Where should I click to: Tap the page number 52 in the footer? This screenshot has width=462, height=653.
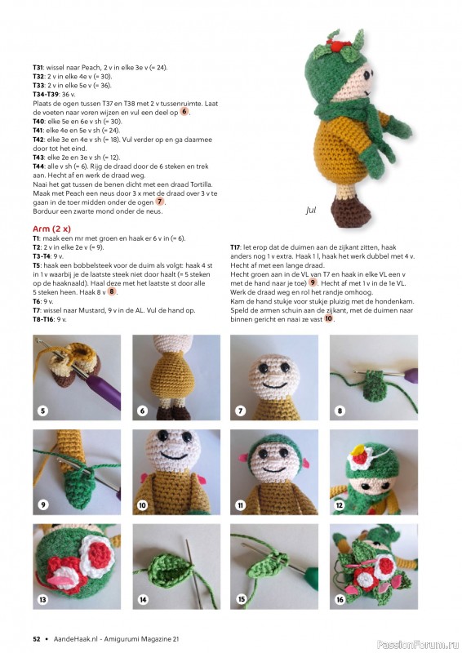(x=37, y=638)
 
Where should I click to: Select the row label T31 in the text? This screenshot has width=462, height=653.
(x=38, y=67)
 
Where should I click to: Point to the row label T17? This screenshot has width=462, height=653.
(x=235, y=247)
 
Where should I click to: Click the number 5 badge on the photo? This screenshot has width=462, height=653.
(x=43, y=411)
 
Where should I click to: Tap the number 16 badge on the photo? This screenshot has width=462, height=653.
(x=340, y=599)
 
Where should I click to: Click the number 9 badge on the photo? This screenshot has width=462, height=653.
(x=43, y=505)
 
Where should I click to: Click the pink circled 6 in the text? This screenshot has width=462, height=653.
(x=184, y=111)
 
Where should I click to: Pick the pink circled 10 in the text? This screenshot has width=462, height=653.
(x=328, y=319)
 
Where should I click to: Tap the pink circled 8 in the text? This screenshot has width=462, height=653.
(x=113, y=291)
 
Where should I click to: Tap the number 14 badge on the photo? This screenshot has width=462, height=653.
(x=142, y=599)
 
